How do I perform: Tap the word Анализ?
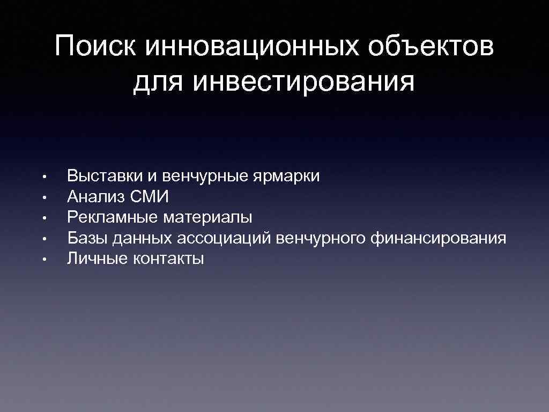click(x=96, y=197)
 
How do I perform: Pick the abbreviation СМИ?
click(x=150, y=197)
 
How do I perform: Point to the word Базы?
click(x=86, y=238)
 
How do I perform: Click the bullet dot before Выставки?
click(x=47, y=176)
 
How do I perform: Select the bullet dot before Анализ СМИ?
click(x=47, y=197)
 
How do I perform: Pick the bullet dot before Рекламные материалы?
click(x=47, y=218)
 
